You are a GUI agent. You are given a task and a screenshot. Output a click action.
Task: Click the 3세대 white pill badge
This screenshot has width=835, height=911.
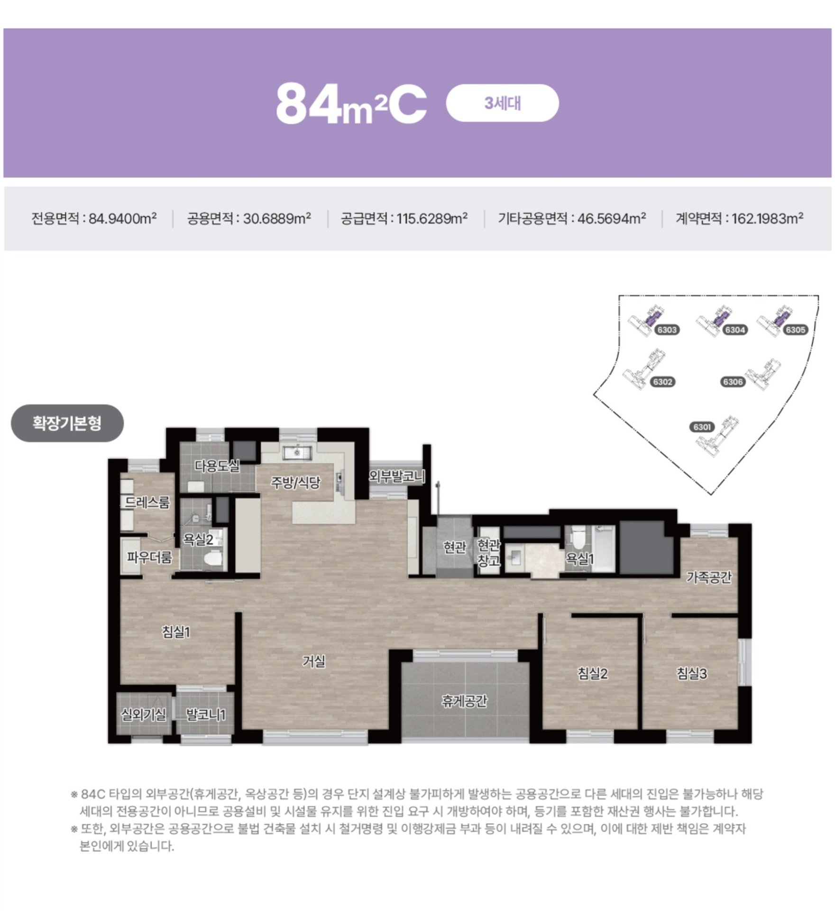pyautogui.click(x=502, y=103)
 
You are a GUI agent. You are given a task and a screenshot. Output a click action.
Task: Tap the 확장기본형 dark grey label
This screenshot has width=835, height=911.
pyautogui.click(x=67, y=423)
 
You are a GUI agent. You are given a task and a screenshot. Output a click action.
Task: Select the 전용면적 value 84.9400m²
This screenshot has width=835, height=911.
pyautogui.click(x=123, y=218)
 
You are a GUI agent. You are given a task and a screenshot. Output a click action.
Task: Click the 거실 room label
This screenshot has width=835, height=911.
pyautogui.click(x=314, y=661)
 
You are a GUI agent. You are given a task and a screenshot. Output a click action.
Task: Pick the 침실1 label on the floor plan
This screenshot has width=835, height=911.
pyautogui.click(x=176, y=632)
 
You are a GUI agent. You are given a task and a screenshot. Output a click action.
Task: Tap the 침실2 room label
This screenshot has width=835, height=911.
pyautogui.click(x=593, y=673)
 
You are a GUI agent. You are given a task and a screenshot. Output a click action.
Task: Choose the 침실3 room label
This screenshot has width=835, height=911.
pyautogui.click(x=692, y=673)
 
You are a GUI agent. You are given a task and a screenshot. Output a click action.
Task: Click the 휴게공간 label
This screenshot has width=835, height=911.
pyautogui.click(x=464, y=701)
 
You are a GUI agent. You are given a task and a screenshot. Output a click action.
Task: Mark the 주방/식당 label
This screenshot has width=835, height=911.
pyautogui.click(x=295, y=483)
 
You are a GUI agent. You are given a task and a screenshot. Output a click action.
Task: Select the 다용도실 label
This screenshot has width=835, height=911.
pyautogui.click(x=217, y=466)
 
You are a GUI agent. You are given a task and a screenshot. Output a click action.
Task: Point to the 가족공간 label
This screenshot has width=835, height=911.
pyautogui.click(x=709, y=577)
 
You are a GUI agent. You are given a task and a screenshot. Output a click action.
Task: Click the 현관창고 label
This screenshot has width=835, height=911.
pyautogui.click(x=488, y=553)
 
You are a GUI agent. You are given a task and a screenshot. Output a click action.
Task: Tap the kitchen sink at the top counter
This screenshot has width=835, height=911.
pyautogui.click(x=297, y=453)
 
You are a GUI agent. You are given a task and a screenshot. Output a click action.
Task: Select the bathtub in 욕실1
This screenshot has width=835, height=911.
pyautogui.click(x=603, y=548)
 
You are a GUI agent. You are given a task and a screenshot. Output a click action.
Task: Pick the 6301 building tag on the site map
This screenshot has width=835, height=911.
pyautogui.click(x=702, y=427)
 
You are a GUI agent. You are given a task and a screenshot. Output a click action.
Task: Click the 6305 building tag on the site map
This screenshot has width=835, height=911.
pyautogui.click(x=796, y=330)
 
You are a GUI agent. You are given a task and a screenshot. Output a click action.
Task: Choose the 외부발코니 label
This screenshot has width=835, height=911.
pyautogui.click(x=397, y=476)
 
